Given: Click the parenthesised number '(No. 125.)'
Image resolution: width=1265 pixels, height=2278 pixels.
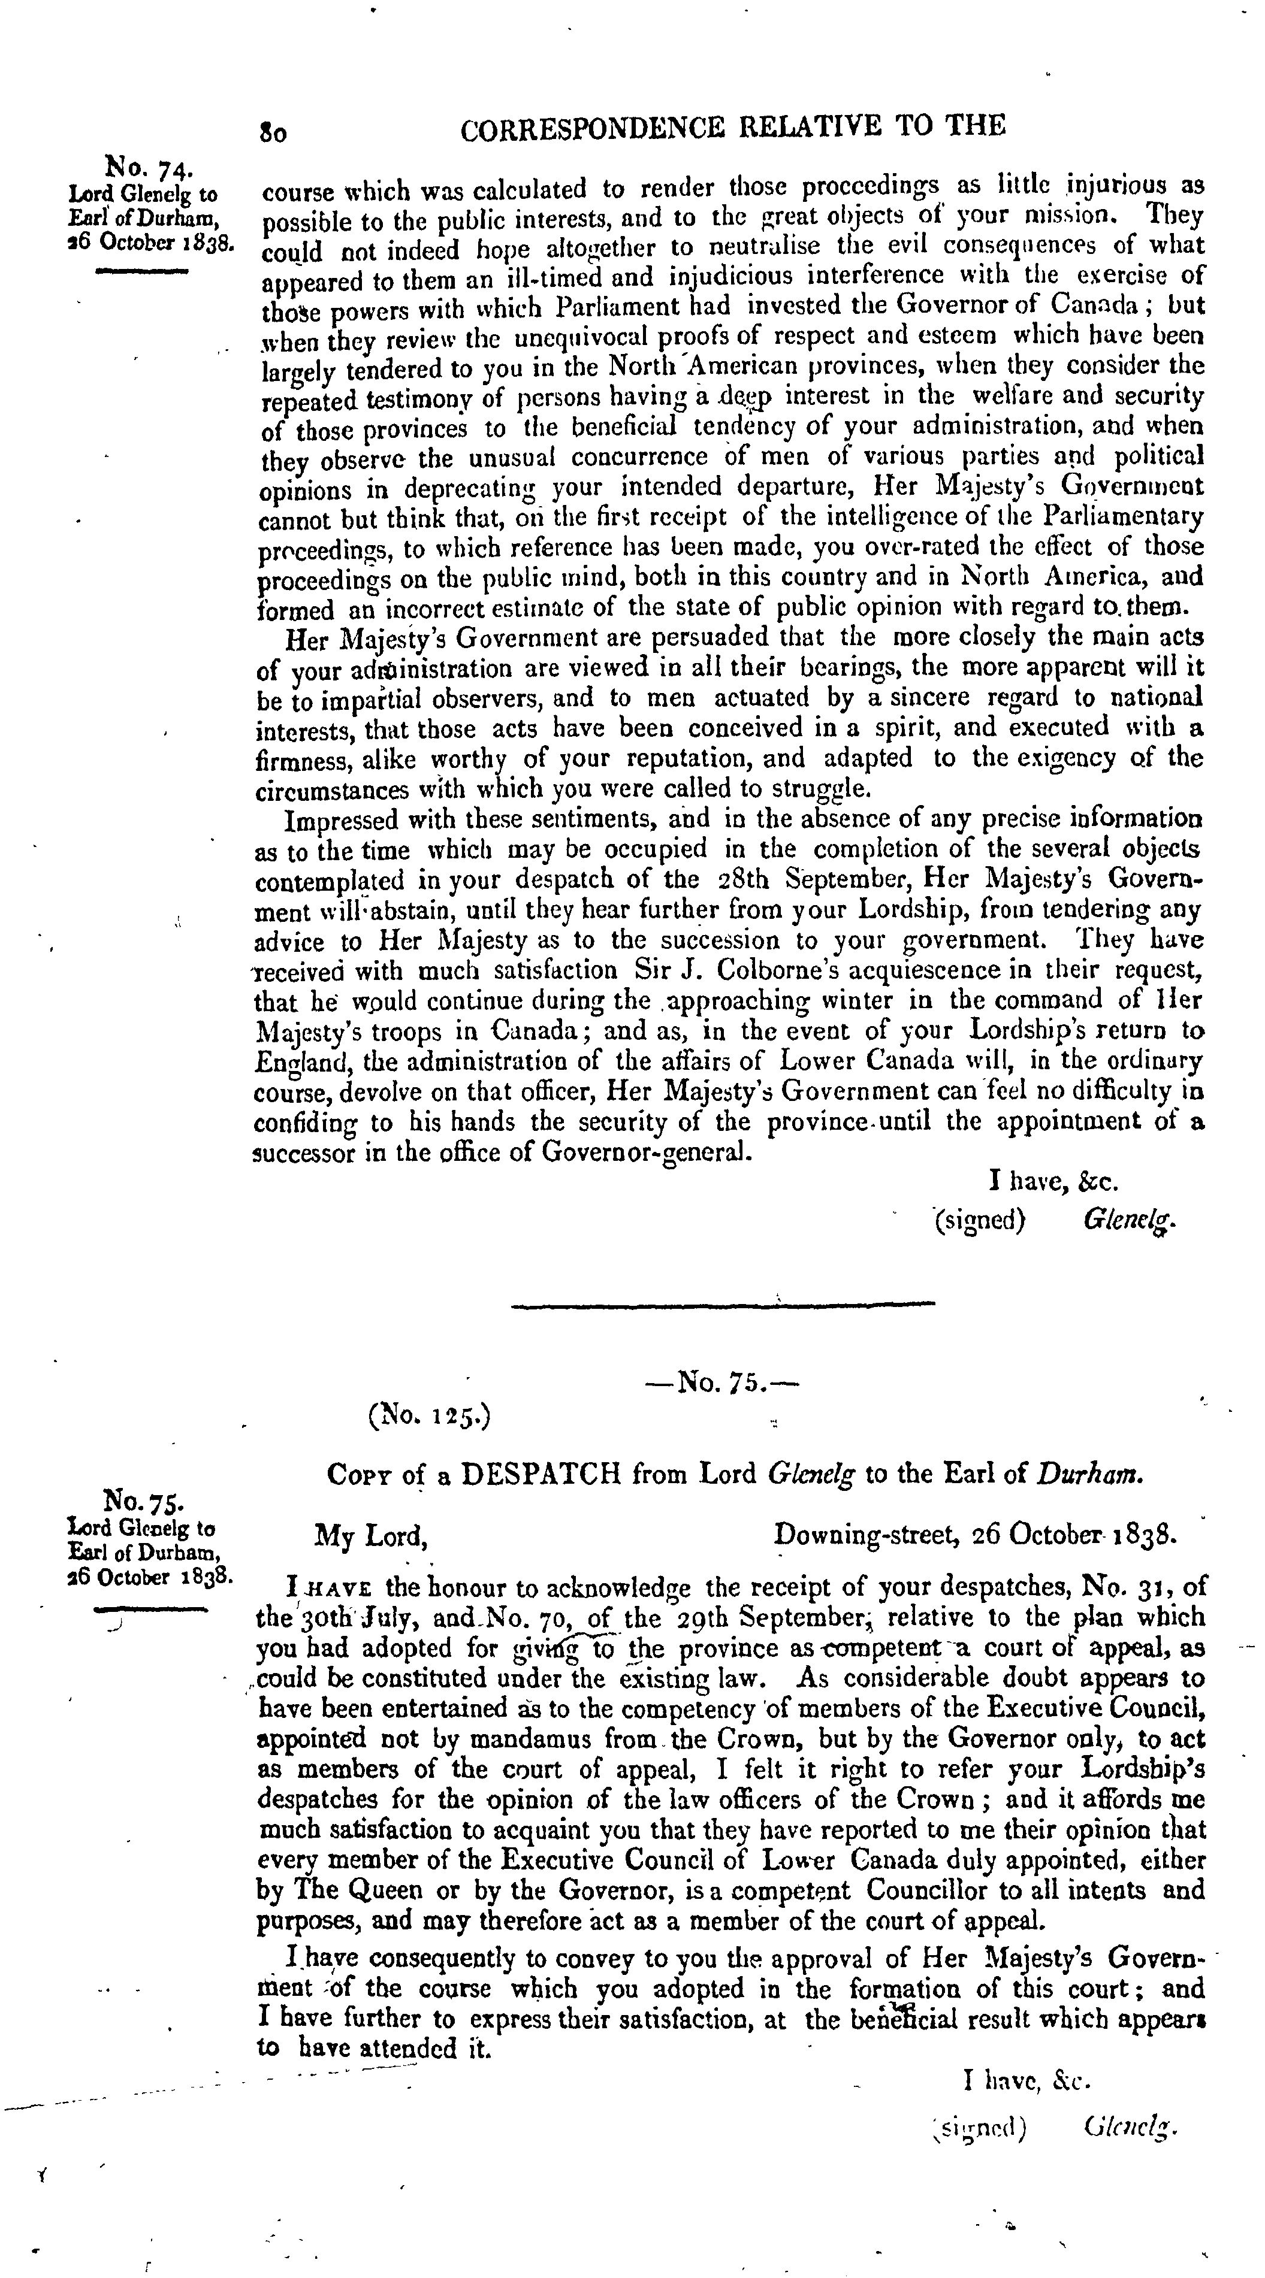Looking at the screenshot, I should click(x=430, y=1417).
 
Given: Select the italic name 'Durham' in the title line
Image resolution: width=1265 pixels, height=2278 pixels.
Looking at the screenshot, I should click(x=1090, y=1474).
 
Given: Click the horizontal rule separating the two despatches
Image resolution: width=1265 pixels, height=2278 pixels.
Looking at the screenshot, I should click(x=723, y=1303).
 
